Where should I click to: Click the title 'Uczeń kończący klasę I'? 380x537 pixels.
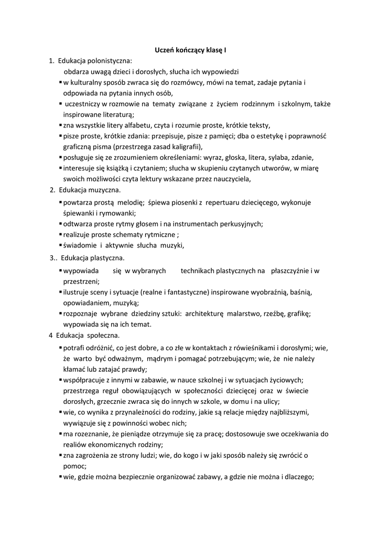(x=190, y=50)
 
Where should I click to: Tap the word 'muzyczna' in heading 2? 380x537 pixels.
(x=104, y=189)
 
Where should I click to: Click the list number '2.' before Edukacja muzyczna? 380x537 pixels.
(x=52, y=189)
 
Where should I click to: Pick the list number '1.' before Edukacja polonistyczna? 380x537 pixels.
(x=52, y=61)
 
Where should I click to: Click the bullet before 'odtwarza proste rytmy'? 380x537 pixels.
(x=60, y=224)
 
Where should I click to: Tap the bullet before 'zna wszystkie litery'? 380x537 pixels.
(x=60, y=125)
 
